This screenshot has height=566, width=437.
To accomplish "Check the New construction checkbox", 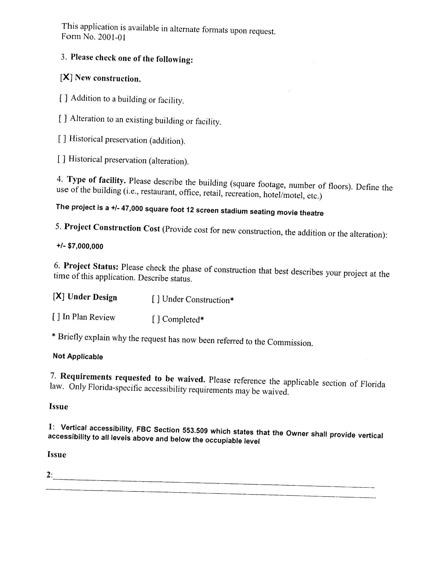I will pos(66,77).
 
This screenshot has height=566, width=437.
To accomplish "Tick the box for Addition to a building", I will pos(64,98).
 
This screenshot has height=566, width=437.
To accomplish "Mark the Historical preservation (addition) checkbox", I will pos(62,139).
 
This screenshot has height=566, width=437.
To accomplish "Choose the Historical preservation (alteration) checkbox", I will pos(62,159).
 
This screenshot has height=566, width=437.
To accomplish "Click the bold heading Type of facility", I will pos(96,180).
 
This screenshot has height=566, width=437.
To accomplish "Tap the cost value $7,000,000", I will pos(85,246).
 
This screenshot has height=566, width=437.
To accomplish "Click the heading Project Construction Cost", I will pos(112,227).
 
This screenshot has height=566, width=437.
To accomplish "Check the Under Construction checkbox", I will pos(156,300).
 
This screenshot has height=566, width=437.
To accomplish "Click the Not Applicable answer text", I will pos(78,356).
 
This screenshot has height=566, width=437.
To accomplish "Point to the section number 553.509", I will pos(195,430).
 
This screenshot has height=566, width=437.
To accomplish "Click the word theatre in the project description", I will pos(312,213).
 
